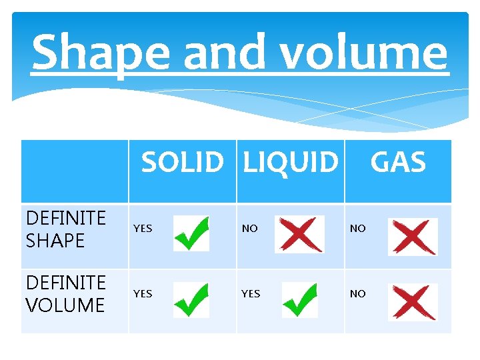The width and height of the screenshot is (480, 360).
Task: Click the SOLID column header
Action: pos(183,163)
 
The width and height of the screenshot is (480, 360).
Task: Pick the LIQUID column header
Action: pos(291,163)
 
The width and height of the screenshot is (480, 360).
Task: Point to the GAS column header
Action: pos(398,163)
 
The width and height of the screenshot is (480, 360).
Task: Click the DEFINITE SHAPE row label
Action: pos(66,229)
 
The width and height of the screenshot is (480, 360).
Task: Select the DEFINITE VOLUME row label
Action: pos(66,295)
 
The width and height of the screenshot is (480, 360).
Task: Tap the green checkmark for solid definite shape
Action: pos(191,233)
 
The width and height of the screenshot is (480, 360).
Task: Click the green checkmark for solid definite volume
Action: pos(191,299)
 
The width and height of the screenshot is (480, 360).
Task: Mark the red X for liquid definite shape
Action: pos(299,233)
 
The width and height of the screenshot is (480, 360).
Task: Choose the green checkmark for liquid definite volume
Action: pos(299,299)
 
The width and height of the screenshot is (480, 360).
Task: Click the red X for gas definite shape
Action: pos(413,237)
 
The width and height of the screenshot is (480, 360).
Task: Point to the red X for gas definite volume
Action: pos(413,302)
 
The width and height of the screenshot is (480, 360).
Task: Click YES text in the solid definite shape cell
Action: pos(143,229)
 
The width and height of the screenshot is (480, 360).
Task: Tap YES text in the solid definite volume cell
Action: pos(143,294)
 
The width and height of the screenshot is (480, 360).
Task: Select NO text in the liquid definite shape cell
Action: pos(250,229)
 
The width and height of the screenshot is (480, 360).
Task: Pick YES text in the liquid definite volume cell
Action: pos(251,294)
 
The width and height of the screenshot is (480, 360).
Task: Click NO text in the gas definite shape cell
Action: pos(358,229)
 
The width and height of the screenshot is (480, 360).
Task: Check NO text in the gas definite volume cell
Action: pos(358,294)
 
